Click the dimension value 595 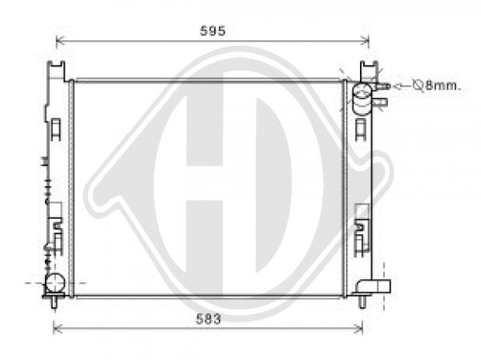pyautogui.click(x=212, y=30)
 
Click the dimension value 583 pyautogui.click(x=208, y=319)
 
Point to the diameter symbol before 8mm pyautogui.click(x=418, y=85)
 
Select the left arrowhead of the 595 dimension pyautogui.click(x=60, y=40)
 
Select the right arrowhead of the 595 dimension pyautogui.click(x=365, y=40)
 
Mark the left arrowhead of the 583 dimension pyautogui.click(x=58, y=329)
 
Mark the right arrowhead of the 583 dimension pyautogui.click(x=358, y=329)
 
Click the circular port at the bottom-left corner pyautogui.click(x=55, y=283)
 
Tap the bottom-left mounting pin pyautogui.click(x=55, y=302)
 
